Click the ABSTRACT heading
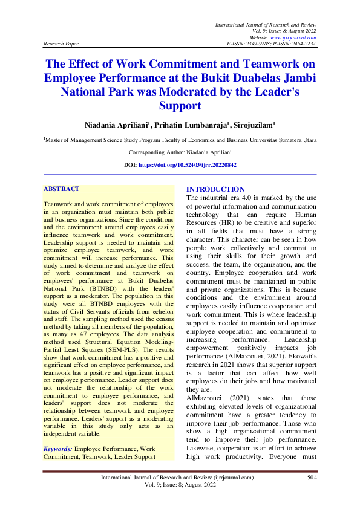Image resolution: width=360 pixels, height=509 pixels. [x=62, y=189]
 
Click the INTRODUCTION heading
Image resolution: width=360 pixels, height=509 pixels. [x=215, y=189]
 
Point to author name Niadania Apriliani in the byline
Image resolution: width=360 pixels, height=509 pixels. [x=117, y=125]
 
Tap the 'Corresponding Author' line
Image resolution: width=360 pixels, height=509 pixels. [x=180, y=152]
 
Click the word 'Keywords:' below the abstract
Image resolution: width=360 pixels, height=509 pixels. [x=58, y=449]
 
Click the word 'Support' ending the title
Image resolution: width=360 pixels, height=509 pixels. [x=180, y=106]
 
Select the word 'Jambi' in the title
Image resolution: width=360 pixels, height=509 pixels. [x=299, y=78]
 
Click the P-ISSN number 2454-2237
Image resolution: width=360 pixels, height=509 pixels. [x=303, y=44]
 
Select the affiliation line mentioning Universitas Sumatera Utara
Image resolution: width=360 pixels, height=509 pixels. [x=180, y=140]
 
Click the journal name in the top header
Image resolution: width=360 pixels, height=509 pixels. [x=266, y=24]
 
